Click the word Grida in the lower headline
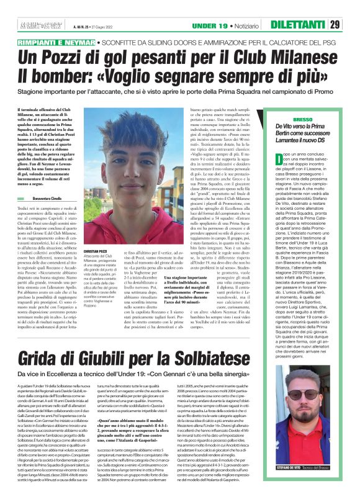[45, 358]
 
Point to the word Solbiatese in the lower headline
[279, 358]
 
